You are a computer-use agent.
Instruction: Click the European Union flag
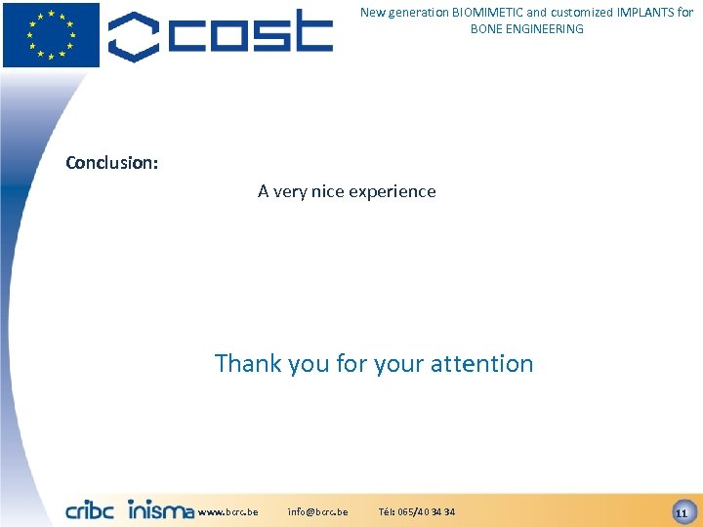click(51, 34)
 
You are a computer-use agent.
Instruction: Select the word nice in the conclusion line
click(328, 191)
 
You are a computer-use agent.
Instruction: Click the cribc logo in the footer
click(91, 509)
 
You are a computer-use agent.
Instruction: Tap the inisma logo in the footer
click(161, 509)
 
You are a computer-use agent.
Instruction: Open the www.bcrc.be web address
click(227, 511)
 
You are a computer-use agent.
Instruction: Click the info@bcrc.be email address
click(317, 511)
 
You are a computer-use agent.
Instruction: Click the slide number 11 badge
click(682, 511)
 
